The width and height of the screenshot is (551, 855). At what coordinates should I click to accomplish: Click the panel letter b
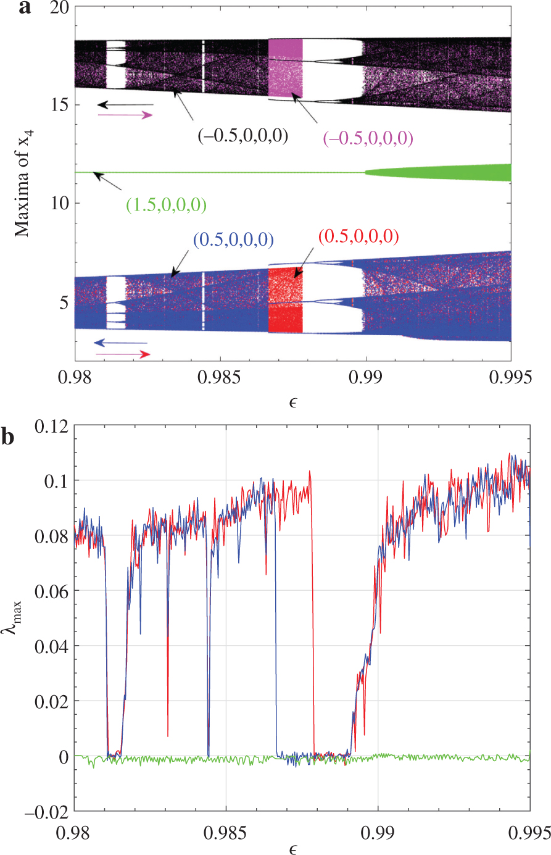[8, 436]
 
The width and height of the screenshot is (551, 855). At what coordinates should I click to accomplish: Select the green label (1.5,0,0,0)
[166, 205]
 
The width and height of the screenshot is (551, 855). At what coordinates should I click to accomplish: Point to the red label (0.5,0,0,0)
[358, 236]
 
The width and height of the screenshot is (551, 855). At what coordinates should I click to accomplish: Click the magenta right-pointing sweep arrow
[125, 115]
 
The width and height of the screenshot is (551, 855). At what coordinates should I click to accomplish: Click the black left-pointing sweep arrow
[125, 104]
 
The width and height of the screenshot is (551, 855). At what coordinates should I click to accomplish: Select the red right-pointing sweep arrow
[122, 354]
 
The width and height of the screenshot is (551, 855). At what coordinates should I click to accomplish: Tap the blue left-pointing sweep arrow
[120, 343]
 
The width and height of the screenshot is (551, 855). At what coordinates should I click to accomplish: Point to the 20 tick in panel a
[57, 7]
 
